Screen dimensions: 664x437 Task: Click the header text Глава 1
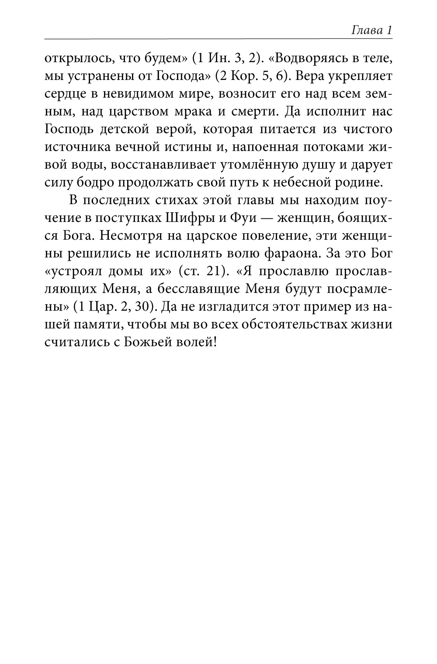(x=371, y=31)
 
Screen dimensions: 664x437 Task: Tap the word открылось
(x=72, y=59)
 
